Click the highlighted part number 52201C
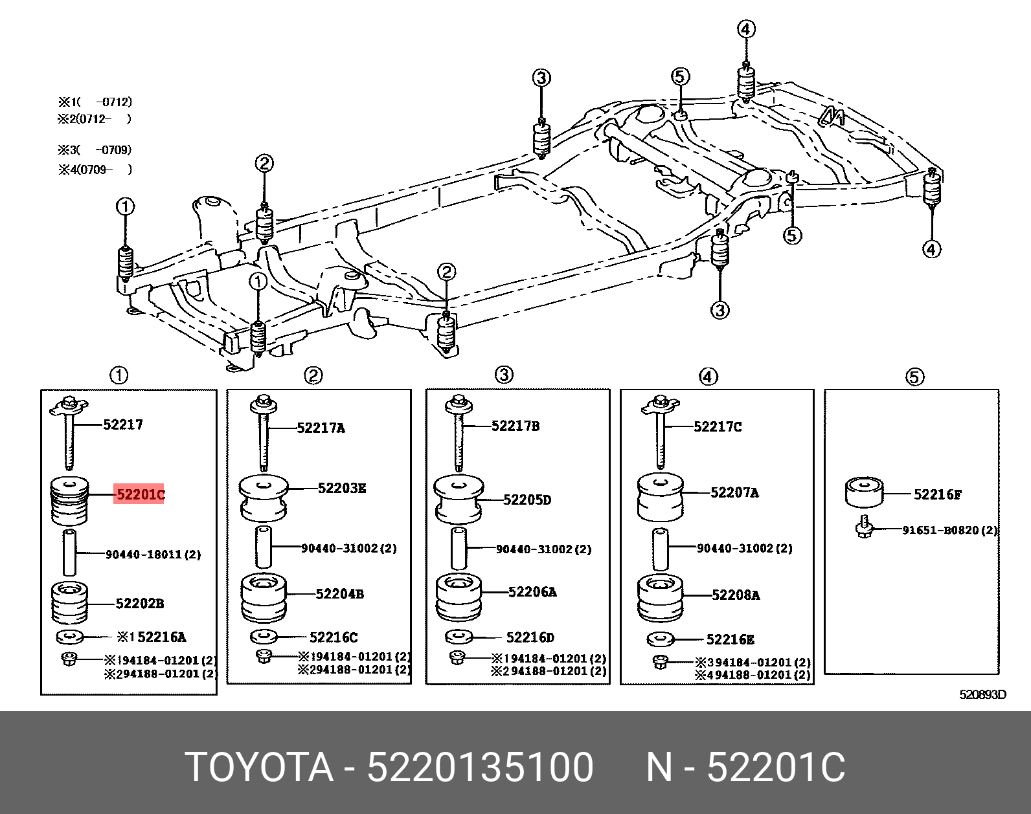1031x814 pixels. pyautogui.click(x=139, y=494)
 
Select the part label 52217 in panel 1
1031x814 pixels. pyautogui.click(x=123, y=424)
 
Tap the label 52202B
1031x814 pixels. pyautogui.click(x=139, y=604)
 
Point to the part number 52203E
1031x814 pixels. pyautogui.click(x=341, y=488)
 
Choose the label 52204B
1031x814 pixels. pyautogui.click(x=339, y=594)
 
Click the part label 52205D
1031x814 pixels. pyautogui.click(x=527, y=500)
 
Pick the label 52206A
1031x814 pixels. pyautogui.click(x=532, y=592)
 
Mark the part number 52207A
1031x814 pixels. pyautogui.click(x=734, y=492)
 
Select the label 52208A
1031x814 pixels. pyautogui.click(x=735, y=595)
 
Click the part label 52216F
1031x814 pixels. pyautogui.click(x=937, y=494)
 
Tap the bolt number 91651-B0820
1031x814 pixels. pyautogui.click(x=949, y=530)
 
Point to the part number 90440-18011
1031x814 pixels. pyautogui.click(x=153, y=555)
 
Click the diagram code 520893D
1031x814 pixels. pyautogui.click(x=982, y=695)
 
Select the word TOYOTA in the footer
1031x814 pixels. pyautogui.click(x=259, y=767)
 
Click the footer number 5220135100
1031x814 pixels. pyautogui.click(x=480, y=767)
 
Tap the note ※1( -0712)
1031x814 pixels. pyautogui.click(x=95, y=102)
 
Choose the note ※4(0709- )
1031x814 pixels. pyautogui.click(x=95, y=170)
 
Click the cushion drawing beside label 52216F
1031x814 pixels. pyautogui.click(x=864, y=493)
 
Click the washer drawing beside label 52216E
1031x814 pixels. pyautogui.click(x=660, y=639)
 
